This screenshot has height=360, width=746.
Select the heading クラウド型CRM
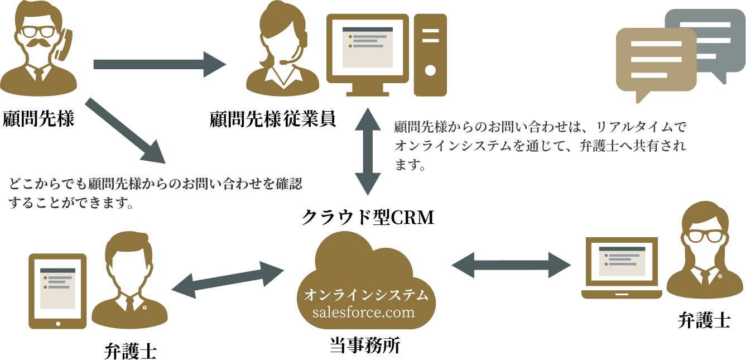[367, 218]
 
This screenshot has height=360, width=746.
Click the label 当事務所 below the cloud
[365, 346]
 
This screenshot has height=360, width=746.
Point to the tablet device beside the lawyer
[58, 291]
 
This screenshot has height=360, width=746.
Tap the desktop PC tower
[430, 53]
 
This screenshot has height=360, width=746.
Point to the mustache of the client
[38, 44]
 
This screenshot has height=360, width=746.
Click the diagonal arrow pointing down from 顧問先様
[126, 131]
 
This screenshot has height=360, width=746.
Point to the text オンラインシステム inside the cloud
[366, 295]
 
